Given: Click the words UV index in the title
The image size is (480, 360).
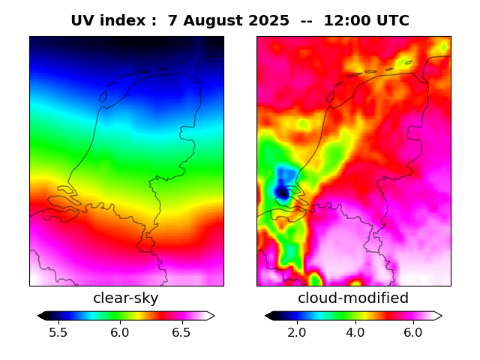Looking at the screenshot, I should pos(108,21).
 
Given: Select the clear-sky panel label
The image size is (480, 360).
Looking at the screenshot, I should pos(125,298).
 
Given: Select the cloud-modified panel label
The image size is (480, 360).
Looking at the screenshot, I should pos(353,298).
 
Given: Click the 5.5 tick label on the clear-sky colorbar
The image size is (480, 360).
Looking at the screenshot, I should pos(58,332).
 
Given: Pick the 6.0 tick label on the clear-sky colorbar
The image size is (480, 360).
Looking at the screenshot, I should pos(119,332).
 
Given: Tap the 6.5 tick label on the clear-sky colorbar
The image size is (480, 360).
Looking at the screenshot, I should pos(181,332).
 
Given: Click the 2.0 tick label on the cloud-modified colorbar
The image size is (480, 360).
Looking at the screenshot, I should pos(297,332).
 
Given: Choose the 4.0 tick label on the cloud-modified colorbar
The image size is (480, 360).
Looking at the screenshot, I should pos(355,332).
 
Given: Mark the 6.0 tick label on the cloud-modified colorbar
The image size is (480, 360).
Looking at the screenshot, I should pos(412,332).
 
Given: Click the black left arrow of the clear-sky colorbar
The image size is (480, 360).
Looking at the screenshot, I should pos(42,316).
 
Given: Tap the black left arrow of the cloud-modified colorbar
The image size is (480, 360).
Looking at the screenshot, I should pos(269,316).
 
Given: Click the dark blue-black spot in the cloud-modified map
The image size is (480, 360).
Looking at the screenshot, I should pos(281,193).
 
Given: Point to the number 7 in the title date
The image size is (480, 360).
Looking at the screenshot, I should pos(172,21).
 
